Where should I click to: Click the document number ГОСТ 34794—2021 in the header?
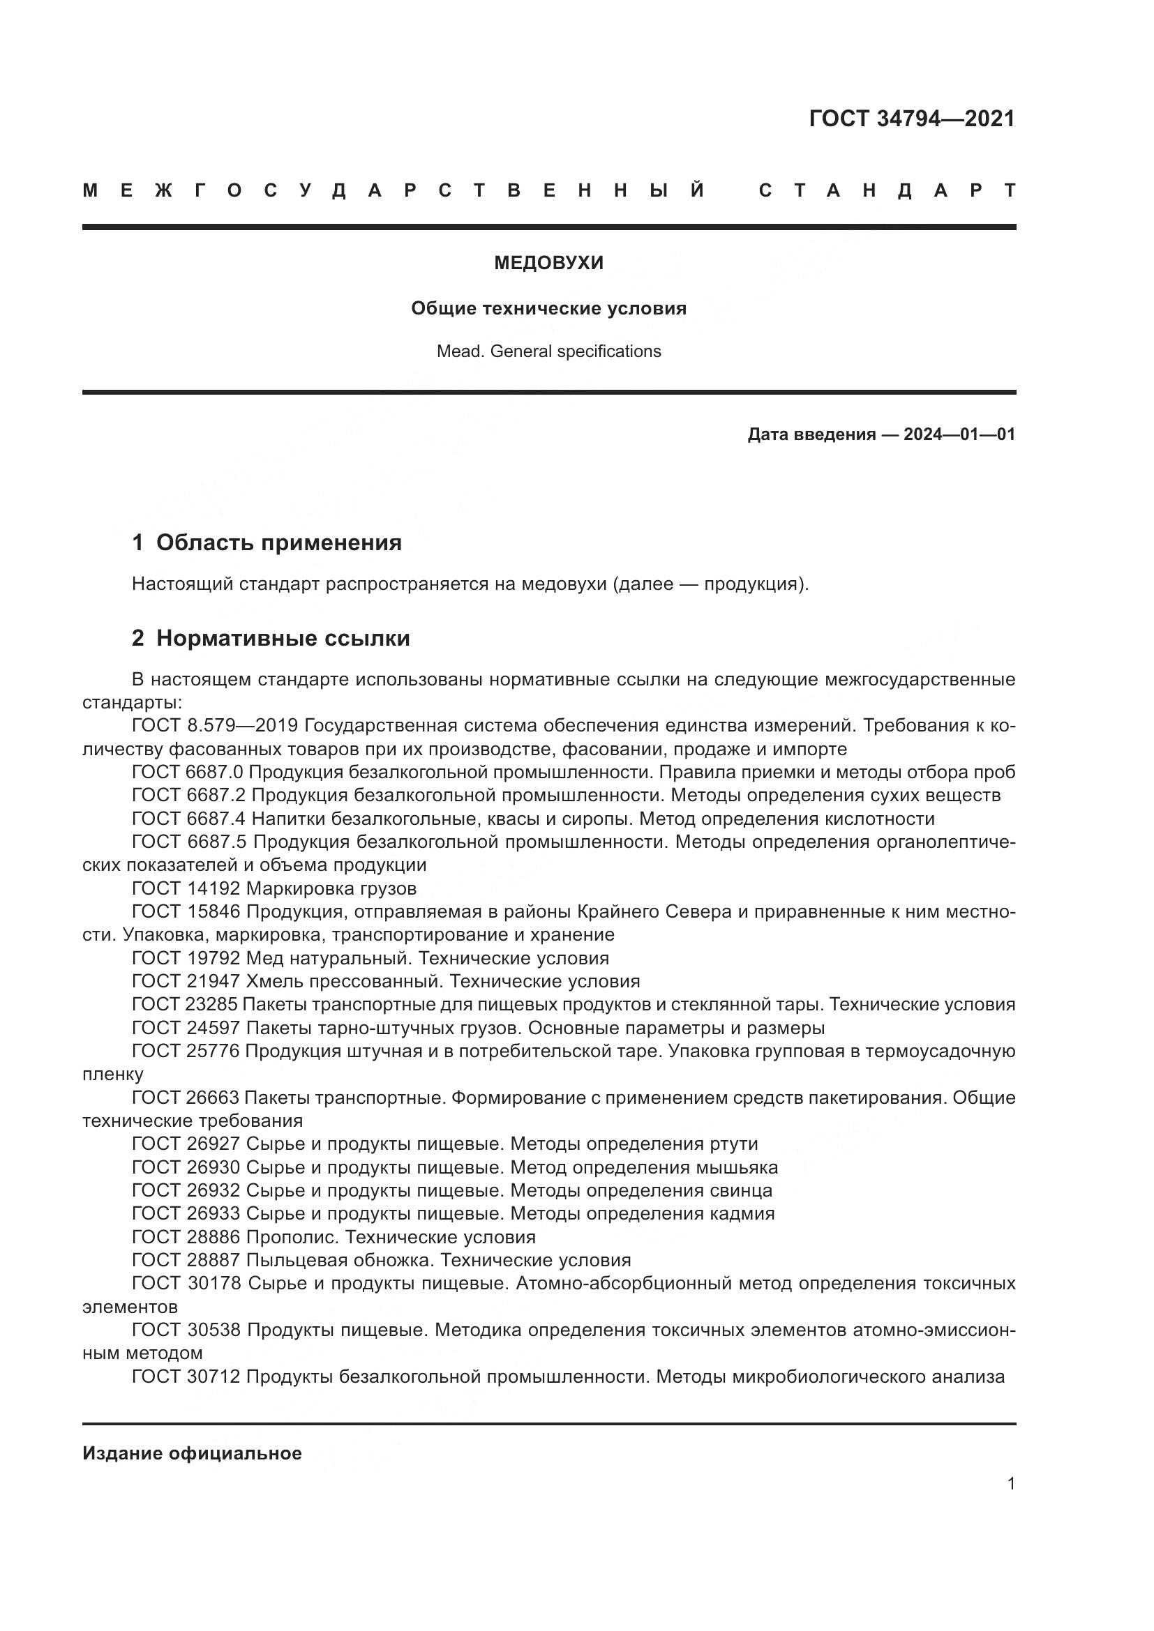pyautogui.click(x=912, y=119)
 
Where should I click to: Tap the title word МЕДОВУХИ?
pyautogui.click(x=548, y=264)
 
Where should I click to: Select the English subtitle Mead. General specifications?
pyautogui.click(x=548, y=351)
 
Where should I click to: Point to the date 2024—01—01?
pyautogui.click(x=959, y=434)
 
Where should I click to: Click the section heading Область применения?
pyautogui.click(x=278, y=543)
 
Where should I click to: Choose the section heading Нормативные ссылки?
pyautogui.click(x=283, y=639)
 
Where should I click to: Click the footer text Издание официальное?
pyautogui.click(x=192, y=1453)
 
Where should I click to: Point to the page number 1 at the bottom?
pyautogui.click(x=1011, y=1484)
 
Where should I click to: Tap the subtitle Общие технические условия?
pyautogui.click(x=548, y=309)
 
